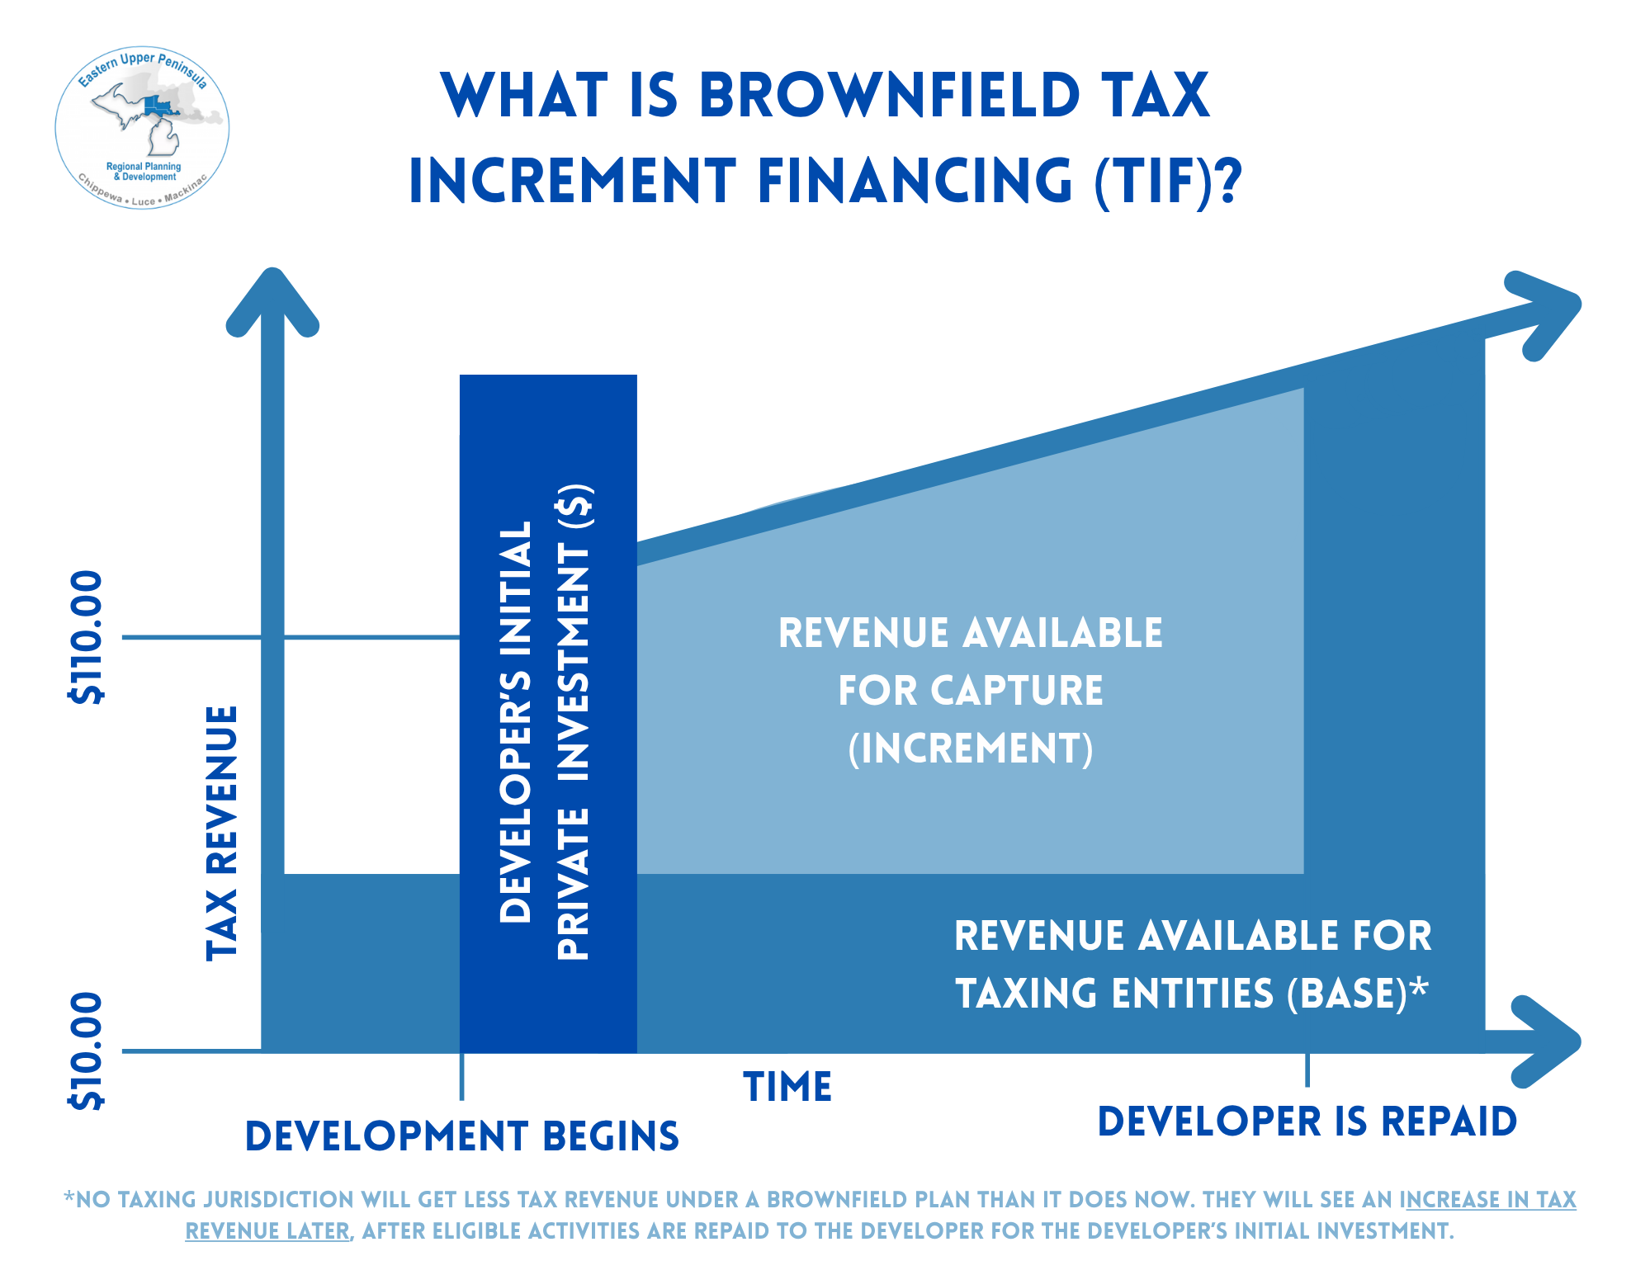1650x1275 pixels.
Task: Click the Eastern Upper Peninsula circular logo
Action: (x=142, y=128)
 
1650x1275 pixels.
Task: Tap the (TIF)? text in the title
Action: (x=1168, y=182)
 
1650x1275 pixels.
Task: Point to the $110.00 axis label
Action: (x=86, y=637)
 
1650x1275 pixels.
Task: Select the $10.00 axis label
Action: (x=86, y=1051)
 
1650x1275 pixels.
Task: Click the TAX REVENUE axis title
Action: (x=221, y=833)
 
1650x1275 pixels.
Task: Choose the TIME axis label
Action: (x=787, y=1087)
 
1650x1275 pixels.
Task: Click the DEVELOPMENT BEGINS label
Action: (x=462, y=1136)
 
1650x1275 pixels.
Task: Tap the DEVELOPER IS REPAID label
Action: (x=1307, y=1122)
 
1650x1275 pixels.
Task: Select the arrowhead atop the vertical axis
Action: (x=272, y=300)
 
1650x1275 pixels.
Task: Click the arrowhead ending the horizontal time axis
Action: (x=1545, y=1041)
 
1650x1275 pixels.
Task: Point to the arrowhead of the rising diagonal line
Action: (x=1543, y=314)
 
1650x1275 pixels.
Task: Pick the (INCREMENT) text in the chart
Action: (x=971, y=748)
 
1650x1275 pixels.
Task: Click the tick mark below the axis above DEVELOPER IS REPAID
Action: (x=1307, y=1070)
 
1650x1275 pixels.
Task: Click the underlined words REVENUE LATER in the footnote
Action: (x=267, y=1230)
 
